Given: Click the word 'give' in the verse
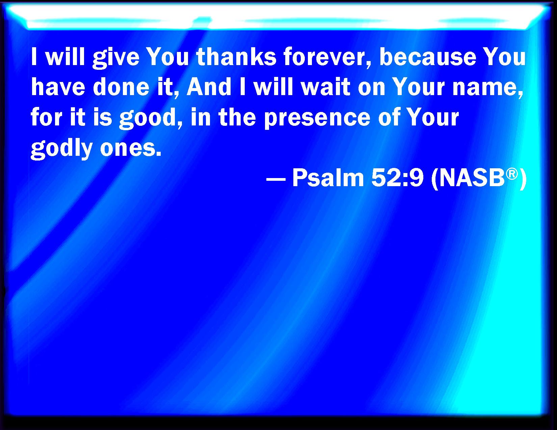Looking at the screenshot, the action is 116,58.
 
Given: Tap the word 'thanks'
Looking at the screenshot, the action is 236,57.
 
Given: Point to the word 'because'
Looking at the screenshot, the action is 428,57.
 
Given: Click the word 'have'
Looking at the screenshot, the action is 58,87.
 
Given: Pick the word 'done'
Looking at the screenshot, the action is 121,87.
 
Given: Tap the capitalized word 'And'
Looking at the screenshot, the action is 209,87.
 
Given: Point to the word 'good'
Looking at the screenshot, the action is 151,118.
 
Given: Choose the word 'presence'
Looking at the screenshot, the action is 317,119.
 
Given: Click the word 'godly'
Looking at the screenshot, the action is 61,149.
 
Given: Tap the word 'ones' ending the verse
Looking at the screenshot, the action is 130,149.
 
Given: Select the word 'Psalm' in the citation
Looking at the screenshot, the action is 328,178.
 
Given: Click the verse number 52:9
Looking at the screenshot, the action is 397,178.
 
